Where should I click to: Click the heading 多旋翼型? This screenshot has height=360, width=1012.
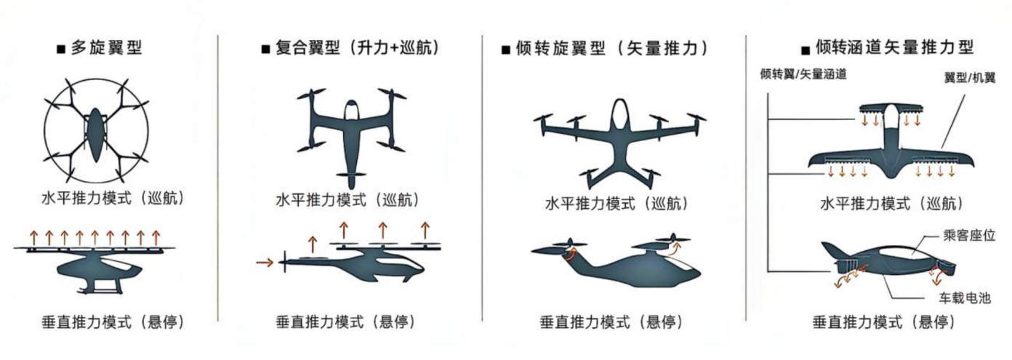click(x=106, y=49)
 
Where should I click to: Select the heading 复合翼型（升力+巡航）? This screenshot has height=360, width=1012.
click(x=357, y=49)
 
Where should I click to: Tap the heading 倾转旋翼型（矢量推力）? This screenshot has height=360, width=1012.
click(x=610, y=49)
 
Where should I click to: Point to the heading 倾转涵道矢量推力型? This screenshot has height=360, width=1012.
click(x=894, y=49)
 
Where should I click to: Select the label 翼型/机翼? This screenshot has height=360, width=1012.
click(x=970, y=77)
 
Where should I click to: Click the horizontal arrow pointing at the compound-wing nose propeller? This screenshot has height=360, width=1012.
click(x=266, y=260)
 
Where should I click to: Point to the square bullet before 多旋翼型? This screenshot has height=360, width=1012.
click(x=61, y=50)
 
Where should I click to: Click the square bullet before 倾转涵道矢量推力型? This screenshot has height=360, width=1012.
click(x=805, y=51)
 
